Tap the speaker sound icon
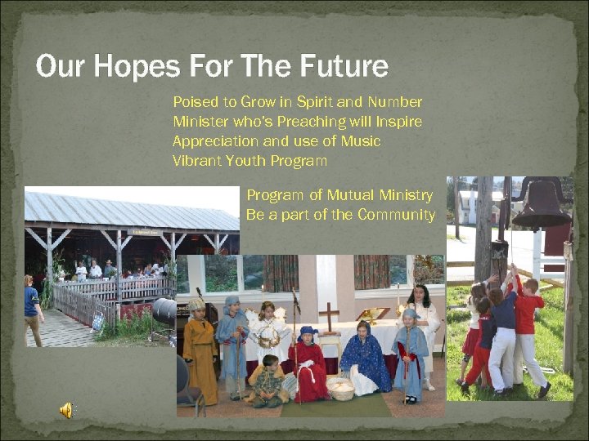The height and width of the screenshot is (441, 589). point(65,411)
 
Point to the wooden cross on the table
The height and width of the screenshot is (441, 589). point(329,318)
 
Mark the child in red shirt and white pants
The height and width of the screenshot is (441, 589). point(528,331)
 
